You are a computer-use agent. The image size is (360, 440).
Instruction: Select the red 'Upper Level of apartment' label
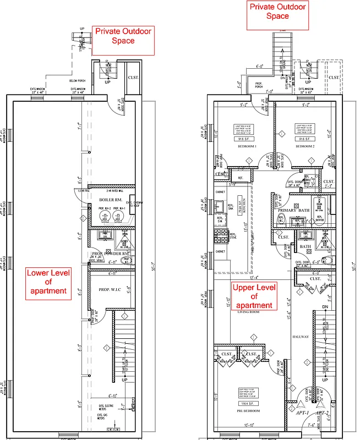(254, 296)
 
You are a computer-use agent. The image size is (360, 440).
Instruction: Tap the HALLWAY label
(301, 337)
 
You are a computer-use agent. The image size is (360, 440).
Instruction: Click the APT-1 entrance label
(302, 411)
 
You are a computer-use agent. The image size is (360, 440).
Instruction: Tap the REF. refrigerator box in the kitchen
(240, 178)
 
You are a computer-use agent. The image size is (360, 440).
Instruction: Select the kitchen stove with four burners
(221, 237)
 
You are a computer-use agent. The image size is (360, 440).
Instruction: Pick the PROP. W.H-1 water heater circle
(116, 216)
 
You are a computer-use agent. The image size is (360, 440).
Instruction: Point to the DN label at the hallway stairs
(324, 307)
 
